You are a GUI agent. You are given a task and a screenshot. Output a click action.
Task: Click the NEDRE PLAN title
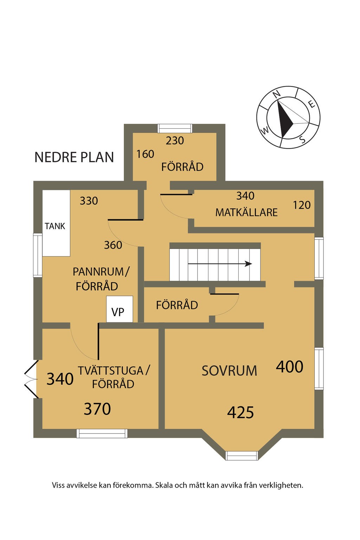click(x=74, y=157)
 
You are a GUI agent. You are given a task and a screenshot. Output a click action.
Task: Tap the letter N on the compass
click(x=277, y=94)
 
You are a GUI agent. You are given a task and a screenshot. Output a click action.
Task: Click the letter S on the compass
click(x=302, y=140)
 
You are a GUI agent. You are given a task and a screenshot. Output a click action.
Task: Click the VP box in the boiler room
click(x=120, y=309)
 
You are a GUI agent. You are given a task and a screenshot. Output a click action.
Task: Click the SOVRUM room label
click(x=229, y=371)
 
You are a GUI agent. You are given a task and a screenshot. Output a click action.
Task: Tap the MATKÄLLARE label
click(x=246, y=212)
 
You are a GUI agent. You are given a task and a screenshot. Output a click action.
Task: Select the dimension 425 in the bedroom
click(x=240, y=412)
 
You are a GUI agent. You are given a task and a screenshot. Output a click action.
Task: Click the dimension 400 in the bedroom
click(x=289, y=367)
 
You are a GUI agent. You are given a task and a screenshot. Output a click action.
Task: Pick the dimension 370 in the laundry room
click(x=97, y=409)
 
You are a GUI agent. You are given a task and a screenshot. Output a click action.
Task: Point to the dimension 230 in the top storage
click(x=175, y=141)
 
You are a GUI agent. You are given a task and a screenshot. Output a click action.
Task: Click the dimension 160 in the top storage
click(x=145, y=154)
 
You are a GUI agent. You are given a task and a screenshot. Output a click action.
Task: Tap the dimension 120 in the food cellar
click(x=302, y=205)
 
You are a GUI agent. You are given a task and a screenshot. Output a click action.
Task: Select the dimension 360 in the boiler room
click(x=113, y=245)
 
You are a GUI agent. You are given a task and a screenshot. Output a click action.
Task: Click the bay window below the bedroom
click(x=242, y=455)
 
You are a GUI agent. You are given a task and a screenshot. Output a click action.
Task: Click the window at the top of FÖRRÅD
click(x=175, y=128)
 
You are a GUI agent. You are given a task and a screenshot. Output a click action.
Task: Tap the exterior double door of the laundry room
click(x=31, y=379)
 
